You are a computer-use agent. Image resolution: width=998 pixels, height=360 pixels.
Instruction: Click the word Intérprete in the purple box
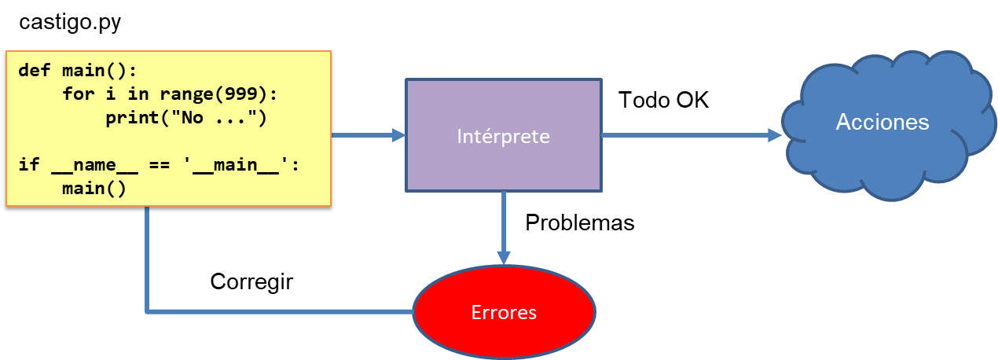[503, 136]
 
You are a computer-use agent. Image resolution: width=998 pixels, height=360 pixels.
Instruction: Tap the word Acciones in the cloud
[882, 123]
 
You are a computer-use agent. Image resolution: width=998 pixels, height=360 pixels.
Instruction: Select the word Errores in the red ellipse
[504, 312]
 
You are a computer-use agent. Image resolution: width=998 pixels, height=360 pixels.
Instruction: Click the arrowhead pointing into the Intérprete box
[398, 135]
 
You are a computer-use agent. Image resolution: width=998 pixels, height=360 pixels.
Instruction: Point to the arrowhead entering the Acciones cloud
[775, 135]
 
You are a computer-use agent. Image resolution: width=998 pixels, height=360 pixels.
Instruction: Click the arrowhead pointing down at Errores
[504, 258]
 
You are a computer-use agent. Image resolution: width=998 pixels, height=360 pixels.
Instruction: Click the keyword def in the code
[34, 71]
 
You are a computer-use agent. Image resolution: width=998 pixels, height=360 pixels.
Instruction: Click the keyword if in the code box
[28, 166]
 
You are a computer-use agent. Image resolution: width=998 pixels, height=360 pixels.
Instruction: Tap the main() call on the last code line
[94, 189]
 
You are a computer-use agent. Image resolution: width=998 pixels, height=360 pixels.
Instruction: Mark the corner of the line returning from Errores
[147, 312]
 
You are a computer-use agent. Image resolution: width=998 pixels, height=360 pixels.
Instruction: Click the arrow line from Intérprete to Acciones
[684, 135]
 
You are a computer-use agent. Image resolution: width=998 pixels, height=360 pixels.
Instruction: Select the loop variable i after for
[110, 94]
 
